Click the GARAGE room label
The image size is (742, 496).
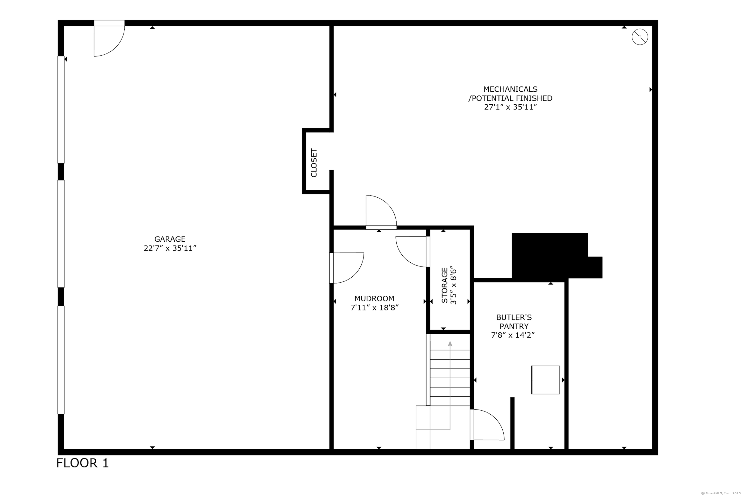click(170, 239)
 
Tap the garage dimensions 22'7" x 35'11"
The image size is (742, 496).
click(170, 248)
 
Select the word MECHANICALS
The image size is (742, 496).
click(510, 89)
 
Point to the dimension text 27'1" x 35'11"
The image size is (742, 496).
click(510, 107)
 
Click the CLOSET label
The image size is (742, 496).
click(314, 163)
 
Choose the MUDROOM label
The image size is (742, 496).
click(374, 299)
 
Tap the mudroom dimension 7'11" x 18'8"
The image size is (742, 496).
click(374, 308)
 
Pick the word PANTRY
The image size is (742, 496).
click(514, 326)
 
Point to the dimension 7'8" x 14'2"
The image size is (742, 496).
click(513, 335)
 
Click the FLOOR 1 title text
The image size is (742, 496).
click(83, 463)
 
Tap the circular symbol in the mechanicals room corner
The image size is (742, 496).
click(640, 37)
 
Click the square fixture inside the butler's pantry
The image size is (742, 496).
click(545, 380)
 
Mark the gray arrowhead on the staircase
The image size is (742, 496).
click(450, 344)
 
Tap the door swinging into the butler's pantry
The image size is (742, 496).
click(487, 425)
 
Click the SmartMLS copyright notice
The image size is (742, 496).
click(721, 493)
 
